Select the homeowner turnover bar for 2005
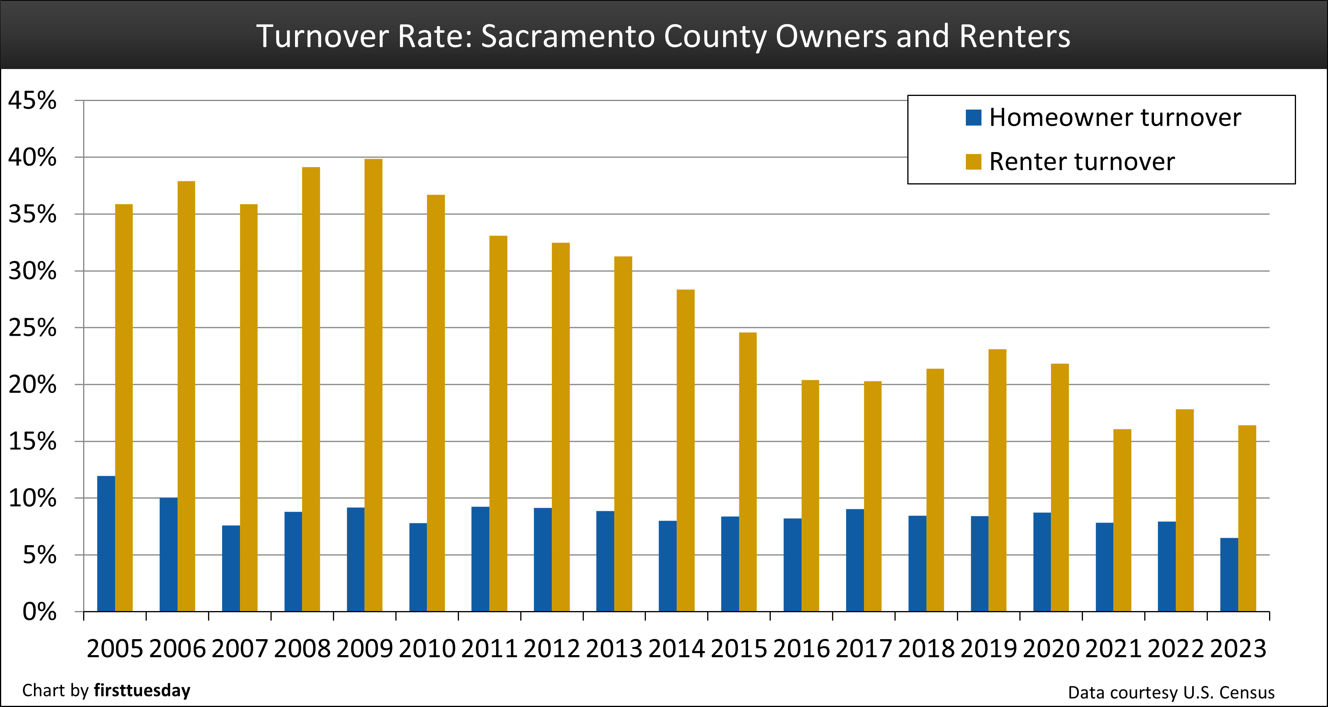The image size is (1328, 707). pos(106,544)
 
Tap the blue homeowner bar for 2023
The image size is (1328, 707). pos(1229,574)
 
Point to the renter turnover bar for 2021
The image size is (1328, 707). pos(1122,521)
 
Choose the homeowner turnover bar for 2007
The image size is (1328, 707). pos(231,569)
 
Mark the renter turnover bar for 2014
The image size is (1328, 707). pos(685,450)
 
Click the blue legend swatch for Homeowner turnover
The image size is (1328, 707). pos(973,117)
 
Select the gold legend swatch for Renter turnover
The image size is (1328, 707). pos(973,162)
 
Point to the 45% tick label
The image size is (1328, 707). pos(32,101)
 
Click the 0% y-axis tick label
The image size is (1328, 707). pos(39,612)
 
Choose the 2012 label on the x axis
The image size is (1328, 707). pos(552,649)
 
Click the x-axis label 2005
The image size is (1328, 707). pos(114,649)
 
